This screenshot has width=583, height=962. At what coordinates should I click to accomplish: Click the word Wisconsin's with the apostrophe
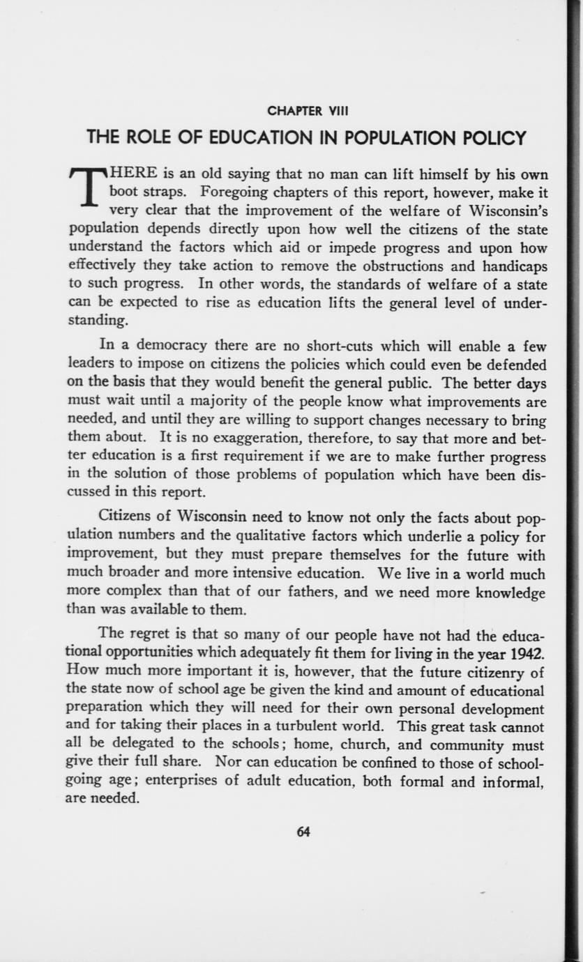pyautogui.click(x=504, y=211)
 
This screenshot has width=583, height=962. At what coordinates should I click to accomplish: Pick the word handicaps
pyautogui.click(x=513, y=266)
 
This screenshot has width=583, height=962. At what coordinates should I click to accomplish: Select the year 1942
pyautogui.click(x=528, y=652)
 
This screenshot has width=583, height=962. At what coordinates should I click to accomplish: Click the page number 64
pyautogui.click(x=303, y=832)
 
